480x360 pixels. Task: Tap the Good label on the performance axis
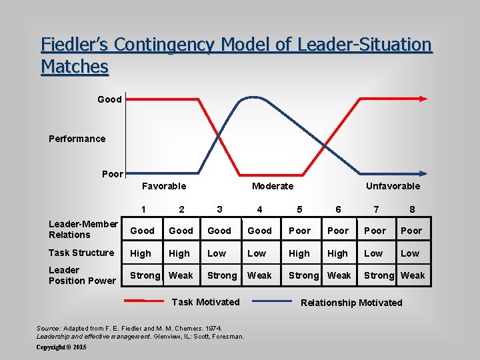109,99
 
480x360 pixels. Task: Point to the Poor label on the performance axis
112,174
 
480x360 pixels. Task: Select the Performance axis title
77,139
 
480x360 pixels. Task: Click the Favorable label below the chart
164,186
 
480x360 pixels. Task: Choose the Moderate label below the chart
272,186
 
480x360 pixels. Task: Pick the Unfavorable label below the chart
393,186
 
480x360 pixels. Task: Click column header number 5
299,209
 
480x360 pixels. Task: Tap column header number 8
412,209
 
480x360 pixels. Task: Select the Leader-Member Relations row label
83,229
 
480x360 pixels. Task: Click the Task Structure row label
81,253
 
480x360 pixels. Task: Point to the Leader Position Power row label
82,275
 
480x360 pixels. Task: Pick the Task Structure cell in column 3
217,253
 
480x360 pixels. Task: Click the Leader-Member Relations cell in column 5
299,231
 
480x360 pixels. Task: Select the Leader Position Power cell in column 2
181,275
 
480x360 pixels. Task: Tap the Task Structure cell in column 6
338,253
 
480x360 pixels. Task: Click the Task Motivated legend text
205,302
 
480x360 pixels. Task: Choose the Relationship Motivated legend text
351,303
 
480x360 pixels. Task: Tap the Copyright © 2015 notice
61,347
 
